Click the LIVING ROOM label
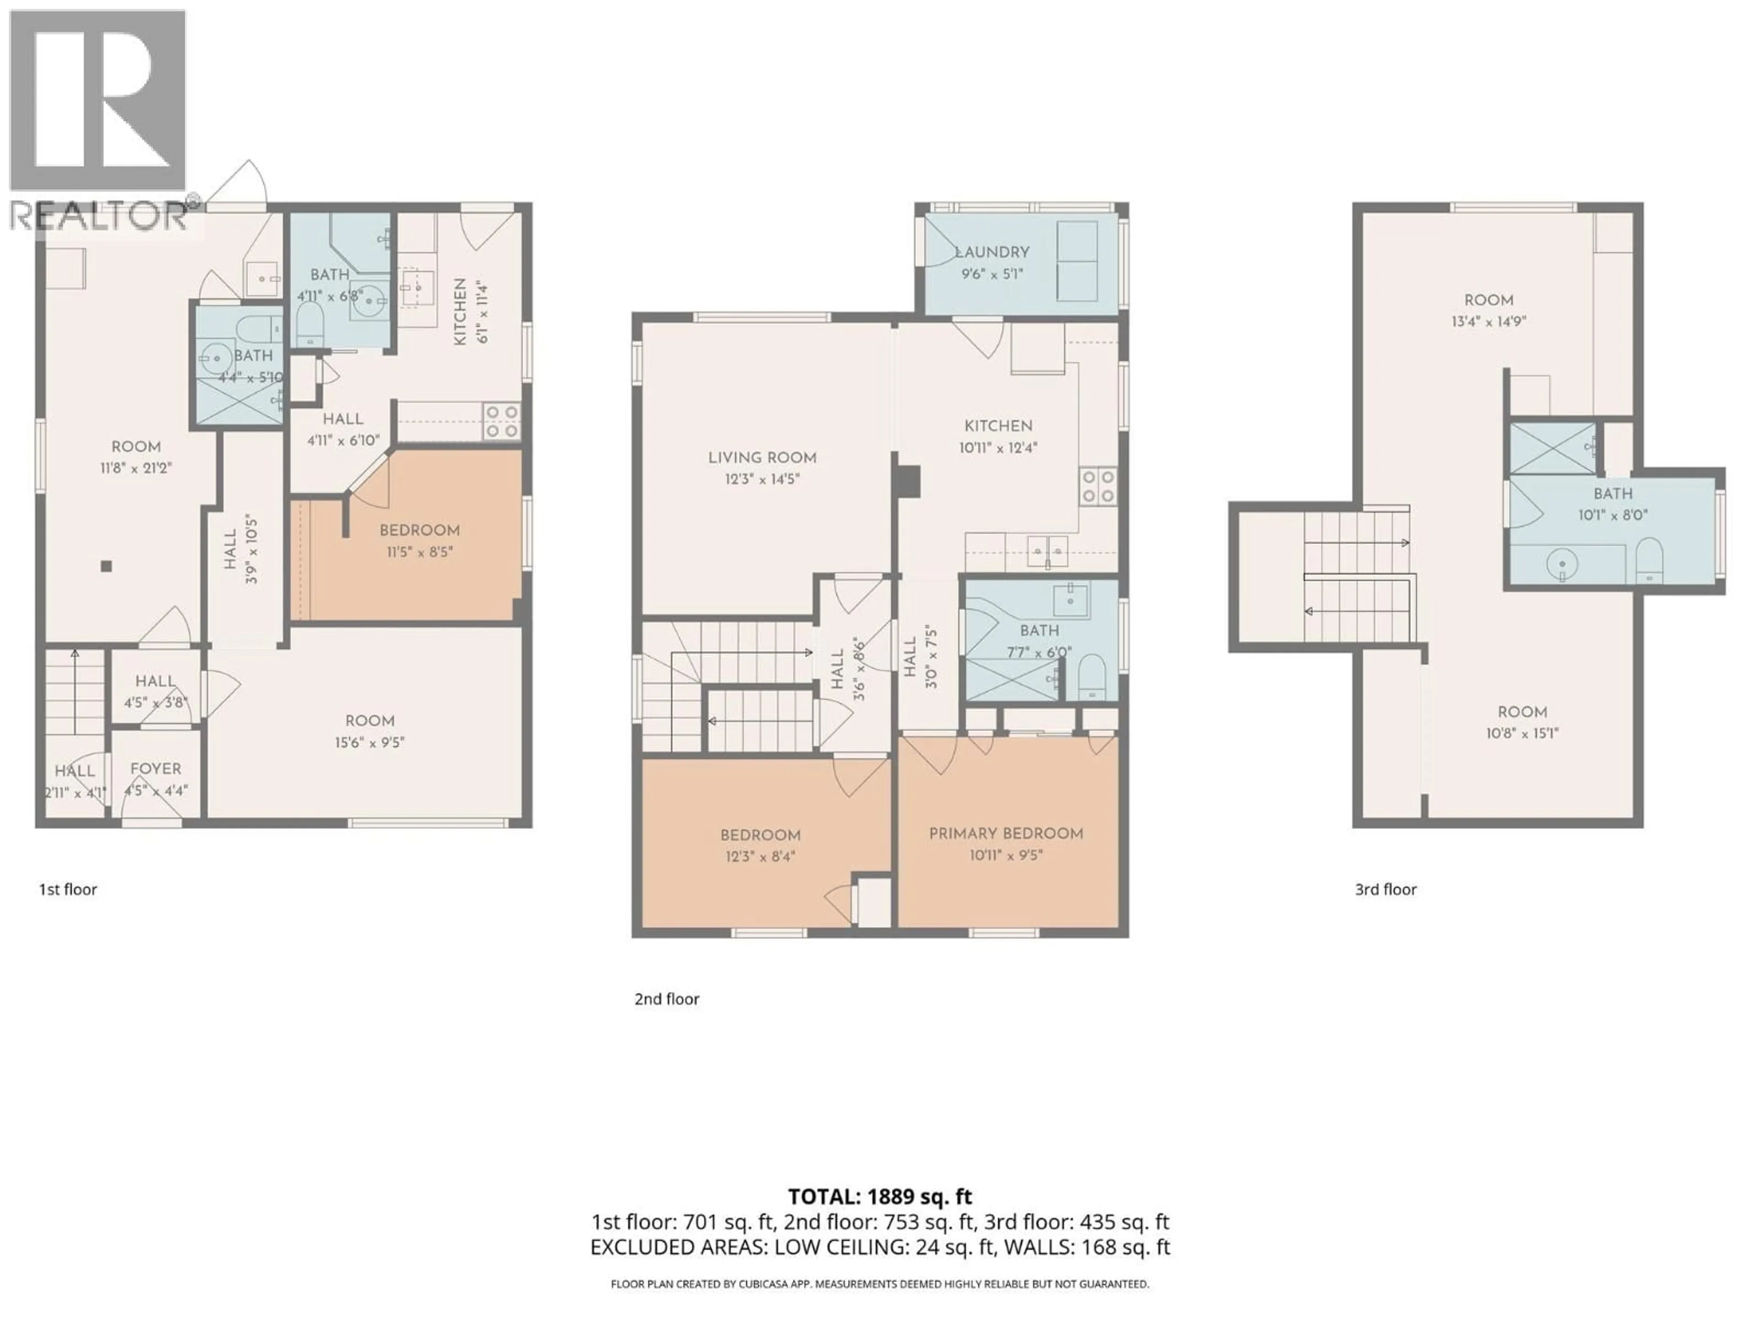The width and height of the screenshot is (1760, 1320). (x=761, y=457)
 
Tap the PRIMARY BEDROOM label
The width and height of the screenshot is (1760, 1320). (x=1006, y=833)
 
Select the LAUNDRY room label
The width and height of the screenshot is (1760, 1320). (x=991, y=252)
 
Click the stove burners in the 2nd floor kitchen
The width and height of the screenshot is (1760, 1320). (x=1097, y=486)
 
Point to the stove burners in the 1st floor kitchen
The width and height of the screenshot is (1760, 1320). (x=502, y=422)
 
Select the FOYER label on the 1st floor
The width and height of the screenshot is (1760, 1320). (x=155, y=769)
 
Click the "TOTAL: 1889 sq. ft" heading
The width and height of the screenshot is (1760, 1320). (x=879, y=1197)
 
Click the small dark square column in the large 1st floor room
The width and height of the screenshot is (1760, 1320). (x=106, y=566)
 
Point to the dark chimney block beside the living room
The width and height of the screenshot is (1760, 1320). (x=906, y=481)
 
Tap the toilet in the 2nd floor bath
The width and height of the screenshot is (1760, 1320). (x=1091, y=677)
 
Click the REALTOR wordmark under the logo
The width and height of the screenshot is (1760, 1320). (x=99, y=215)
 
